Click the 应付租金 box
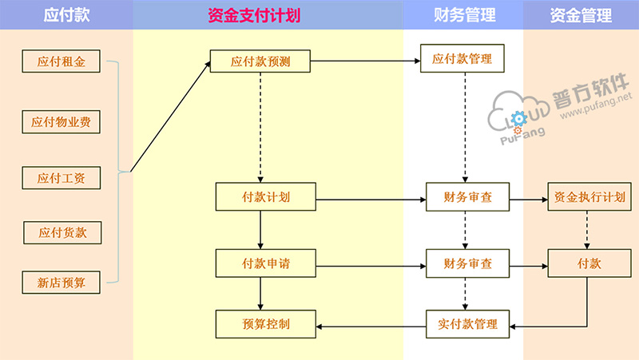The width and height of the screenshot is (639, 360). coord(62,61)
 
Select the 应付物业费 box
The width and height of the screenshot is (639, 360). coord(62,121)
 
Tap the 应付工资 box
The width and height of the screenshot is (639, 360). coord(62,177)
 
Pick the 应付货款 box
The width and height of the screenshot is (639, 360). coord(62,233)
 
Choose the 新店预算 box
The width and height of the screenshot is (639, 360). coord(62,281)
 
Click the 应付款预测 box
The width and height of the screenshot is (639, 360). coord(260,61)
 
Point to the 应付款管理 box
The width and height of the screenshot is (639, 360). coord(462,59)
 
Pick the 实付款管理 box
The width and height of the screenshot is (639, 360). coord(467,324)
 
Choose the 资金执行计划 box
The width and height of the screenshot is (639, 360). coord(589,197)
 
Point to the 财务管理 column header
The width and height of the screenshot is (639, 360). coord(464,15)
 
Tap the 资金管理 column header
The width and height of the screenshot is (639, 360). coord(581,15)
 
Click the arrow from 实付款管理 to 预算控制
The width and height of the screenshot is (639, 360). coord(372,325)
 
